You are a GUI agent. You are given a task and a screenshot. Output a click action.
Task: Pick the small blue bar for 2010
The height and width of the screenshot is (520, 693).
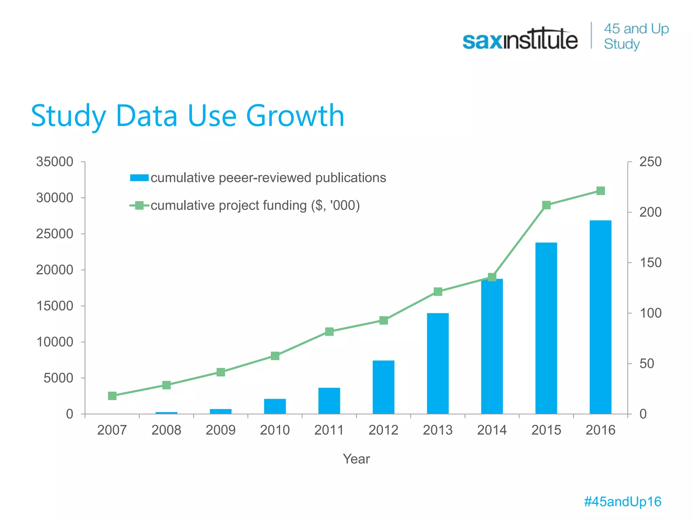click(275, 406)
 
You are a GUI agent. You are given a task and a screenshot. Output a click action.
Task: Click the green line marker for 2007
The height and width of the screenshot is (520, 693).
click(112, 396)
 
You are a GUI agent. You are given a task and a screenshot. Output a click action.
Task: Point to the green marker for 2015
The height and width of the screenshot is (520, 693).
click(546, 205)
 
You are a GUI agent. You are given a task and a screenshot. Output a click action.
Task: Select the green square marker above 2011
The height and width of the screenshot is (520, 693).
click(329, 331)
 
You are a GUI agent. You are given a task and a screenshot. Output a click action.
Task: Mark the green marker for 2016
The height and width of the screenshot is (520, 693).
click(600, 191)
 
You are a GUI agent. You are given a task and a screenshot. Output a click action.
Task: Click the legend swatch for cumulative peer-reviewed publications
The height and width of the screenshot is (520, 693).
click(139, 178)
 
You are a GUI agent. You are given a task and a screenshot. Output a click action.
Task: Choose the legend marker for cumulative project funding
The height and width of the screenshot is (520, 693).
click(139, 205)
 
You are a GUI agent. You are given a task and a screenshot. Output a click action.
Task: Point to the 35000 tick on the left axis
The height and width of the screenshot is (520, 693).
click(55, 162)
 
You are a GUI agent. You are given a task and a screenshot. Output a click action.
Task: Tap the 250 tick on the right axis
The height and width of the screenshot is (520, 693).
click(650, 162)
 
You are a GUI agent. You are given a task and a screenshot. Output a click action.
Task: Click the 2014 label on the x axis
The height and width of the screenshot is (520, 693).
click(492, 430)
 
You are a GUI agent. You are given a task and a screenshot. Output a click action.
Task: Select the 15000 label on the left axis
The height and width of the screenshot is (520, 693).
click(55, 306)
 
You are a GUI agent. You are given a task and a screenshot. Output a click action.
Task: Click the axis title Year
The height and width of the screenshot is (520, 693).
click(356, 459)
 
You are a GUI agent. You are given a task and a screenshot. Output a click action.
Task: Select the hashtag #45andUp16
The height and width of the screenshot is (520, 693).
click(623, 502)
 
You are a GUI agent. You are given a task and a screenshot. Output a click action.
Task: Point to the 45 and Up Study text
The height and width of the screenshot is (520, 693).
click(636, 36)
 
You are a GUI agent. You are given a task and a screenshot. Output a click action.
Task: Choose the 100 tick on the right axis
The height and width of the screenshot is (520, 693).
click(650, 313)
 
